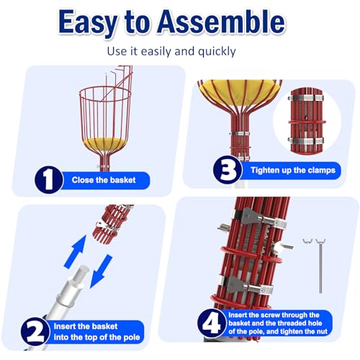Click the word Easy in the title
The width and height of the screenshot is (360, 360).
point(95,22)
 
